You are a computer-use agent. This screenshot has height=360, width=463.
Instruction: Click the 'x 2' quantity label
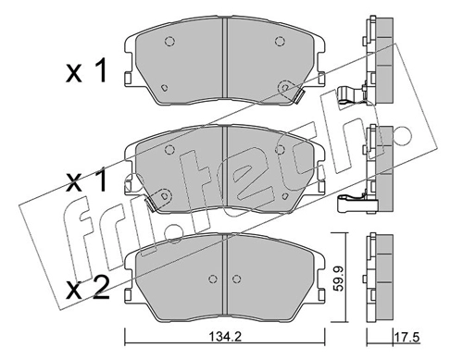pos(87,289)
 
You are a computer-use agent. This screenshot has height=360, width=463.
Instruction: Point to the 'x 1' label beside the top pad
pos(87,71)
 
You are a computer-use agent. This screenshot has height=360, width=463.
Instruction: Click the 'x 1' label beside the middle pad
pos(87,181)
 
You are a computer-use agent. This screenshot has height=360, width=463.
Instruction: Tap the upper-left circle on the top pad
pos(169,42)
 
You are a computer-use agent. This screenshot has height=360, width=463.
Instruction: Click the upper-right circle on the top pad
pos(279,42)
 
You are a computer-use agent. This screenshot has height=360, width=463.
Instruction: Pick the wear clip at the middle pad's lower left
pos(151,205)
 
